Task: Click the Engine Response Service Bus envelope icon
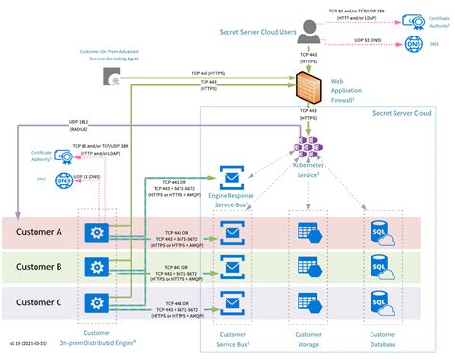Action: tap(232, 177)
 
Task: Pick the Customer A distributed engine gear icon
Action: tap(95, 233)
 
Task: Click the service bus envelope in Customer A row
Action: tap(232, 233)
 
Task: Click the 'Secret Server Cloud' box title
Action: tap(404, 113)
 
